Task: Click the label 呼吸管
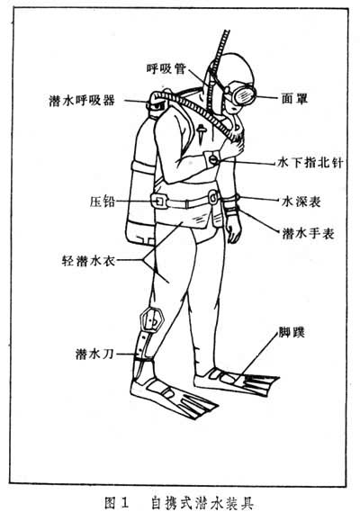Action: pyautogui.click(x=166, y=68)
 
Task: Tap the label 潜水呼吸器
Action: pyautogui.click(x=82, y=101)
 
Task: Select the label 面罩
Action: pyautogui.click(x=295, y=98)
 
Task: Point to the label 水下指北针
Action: pyautogui.click(x=310, y=163)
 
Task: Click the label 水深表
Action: pyautogui.click(x=301, y=202)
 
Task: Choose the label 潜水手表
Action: pyautogui.click(x=309, y=233)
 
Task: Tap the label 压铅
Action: pyautogui.click(x=103, y=202)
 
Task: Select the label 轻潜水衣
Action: pyautogui.click(x=88, y=261)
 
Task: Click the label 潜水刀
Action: pyautogui.click(x=94, y=354)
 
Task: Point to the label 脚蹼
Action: pyautogui.click(x=292, y=332)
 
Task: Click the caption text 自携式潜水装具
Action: pyautogui.click(x=202, y=503)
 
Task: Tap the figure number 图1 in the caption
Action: pyautogui.click(x=117, y=503)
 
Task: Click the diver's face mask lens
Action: pyautogui.click(x=244, y=95)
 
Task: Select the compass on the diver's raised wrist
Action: pyautogui.click(x=211, y=159)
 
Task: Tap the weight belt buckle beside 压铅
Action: pyautogui.click(x=160, y=202)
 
